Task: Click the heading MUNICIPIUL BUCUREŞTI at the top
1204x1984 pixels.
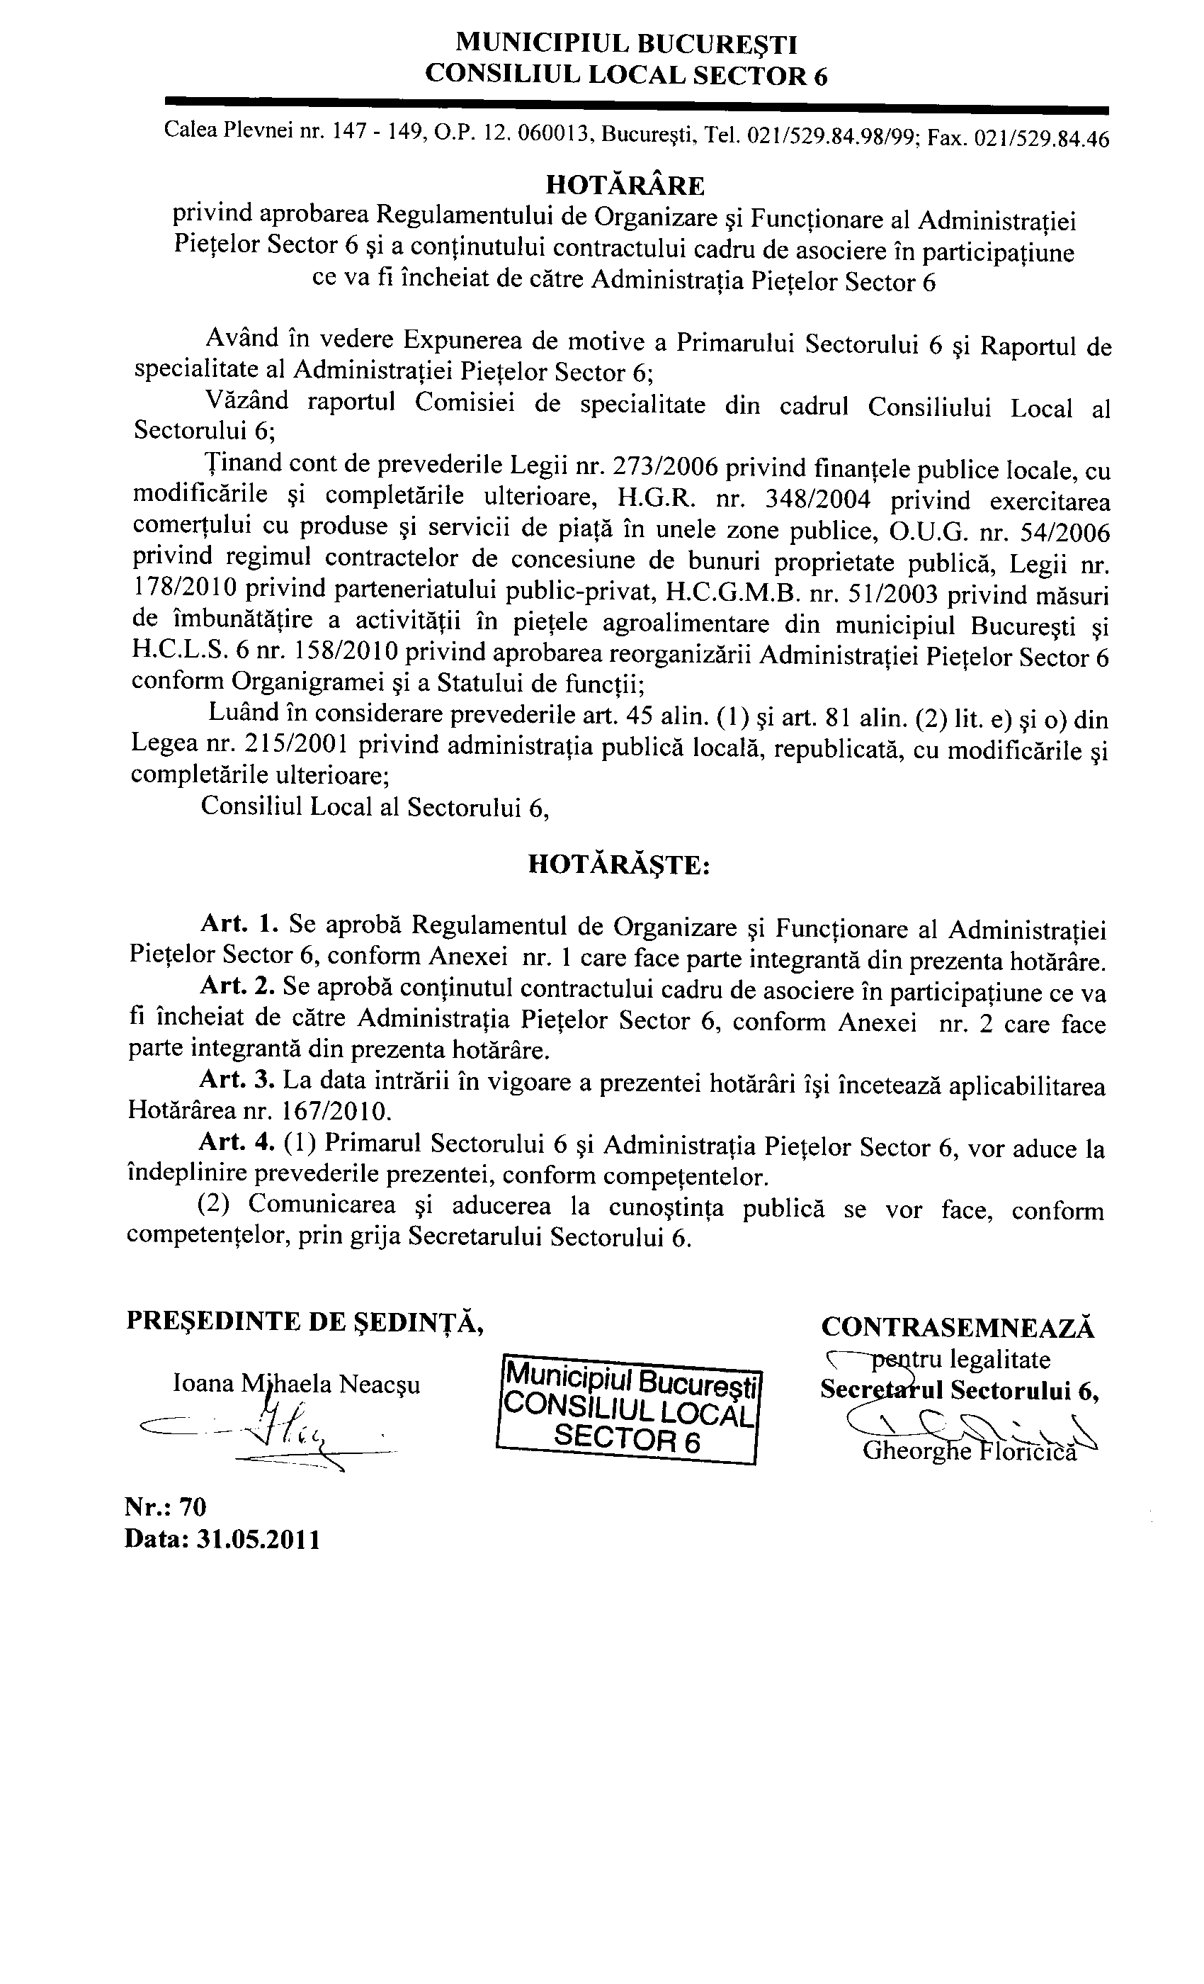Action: pyautogui.click(x=626, y=42)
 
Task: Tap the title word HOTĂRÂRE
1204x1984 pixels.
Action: pyautogui.click(x=625, y=186)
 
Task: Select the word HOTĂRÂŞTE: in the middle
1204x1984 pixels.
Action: pyautogui.click(x=619, y=864)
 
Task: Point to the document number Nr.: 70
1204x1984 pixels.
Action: pyautogui.click(x=166, y=1506)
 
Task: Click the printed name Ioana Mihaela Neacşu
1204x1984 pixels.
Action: pyautogui.click(x=296, y=1385)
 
